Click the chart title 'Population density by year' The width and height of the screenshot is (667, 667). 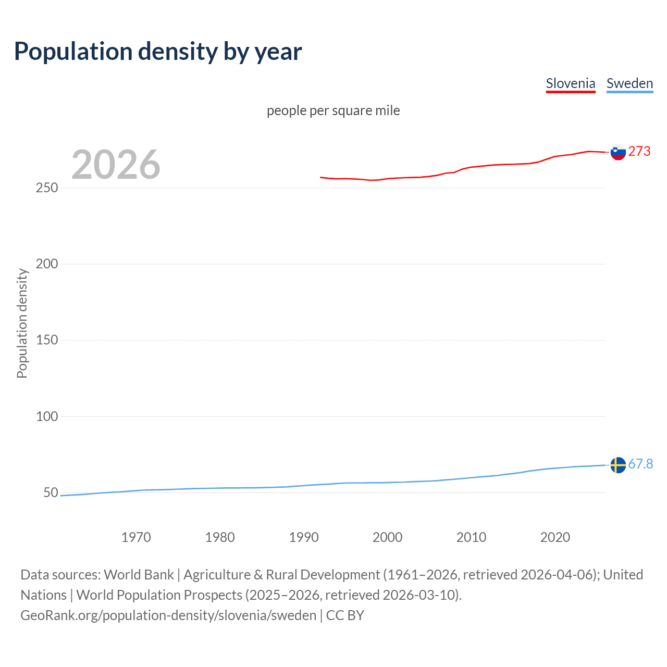click(x=158, y=52)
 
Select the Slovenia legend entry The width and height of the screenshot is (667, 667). click(x=570, y=83)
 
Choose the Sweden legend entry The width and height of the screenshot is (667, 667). click(x=629, y=83)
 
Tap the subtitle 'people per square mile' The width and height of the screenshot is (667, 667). click(x=333, y=110)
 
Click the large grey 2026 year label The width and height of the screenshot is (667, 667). click(x=116, y=165)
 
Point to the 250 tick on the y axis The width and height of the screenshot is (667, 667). click(x=47, y=188)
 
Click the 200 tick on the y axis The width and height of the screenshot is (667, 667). click(x=47, y=264)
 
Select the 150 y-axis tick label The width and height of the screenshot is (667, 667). click(x=47, y=340)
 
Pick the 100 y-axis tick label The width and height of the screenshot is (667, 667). click(x=47, y=416)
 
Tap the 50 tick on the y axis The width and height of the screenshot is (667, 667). click(x=51, y=492)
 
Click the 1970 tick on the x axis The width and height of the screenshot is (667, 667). click(x=136, y=537)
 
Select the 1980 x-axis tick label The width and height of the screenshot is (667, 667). click(x=220, y=537)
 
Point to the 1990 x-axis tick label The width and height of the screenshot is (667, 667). click(x=304, y=537)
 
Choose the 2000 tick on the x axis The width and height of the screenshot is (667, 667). click(x=387, y=537)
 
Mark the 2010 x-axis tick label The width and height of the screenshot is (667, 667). click(x=471, y=537)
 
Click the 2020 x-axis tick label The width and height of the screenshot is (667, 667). click(x=555, y=537)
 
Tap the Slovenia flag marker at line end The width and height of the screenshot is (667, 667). click(x=618, y=152)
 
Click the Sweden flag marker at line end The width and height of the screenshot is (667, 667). click(x=618, y=465)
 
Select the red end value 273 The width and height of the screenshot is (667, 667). click(x=639, y=151)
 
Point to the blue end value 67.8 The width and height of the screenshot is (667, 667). click(x=640, y=464)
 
